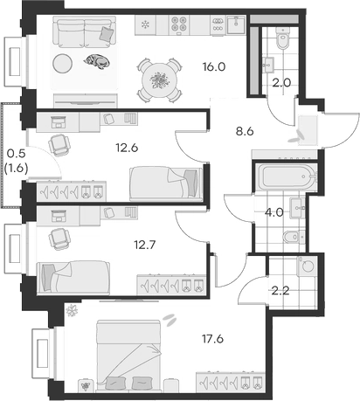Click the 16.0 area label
[x=214, y=66]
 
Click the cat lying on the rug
[x=98, y=60]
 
